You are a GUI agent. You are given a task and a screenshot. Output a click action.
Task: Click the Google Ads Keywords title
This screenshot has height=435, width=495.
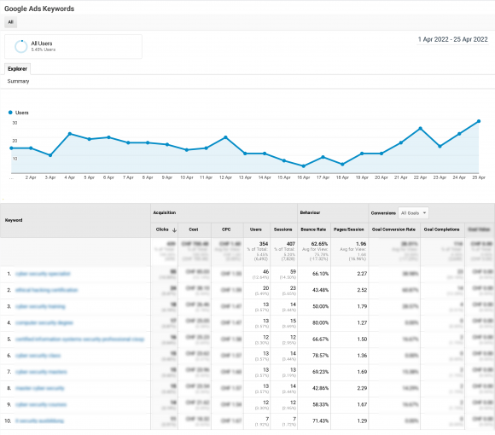[39, 8]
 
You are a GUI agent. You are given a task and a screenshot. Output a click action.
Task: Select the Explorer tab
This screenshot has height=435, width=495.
[17, 68]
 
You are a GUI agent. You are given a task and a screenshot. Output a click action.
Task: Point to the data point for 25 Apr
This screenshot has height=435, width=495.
[479, 121]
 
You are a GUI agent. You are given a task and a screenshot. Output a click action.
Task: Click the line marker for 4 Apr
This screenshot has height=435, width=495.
[69, 134]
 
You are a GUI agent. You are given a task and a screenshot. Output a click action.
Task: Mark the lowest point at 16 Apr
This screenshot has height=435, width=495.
[303, 165]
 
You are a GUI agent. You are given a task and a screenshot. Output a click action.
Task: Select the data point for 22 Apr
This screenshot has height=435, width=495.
[420, 128]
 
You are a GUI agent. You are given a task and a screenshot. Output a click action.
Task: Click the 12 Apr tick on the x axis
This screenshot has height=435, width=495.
[225, 177]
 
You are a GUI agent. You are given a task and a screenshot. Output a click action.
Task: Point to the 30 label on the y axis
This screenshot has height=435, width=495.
[14, 123]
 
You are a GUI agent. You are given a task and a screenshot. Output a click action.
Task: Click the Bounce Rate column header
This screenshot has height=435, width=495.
[312, 229]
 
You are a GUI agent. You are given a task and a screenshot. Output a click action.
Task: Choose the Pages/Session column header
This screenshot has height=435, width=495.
[350, 229]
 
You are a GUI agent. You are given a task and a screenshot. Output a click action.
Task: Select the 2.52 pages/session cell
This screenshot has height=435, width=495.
[360, 290]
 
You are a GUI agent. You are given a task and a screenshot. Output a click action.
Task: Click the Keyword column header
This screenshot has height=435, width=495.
[15, 220]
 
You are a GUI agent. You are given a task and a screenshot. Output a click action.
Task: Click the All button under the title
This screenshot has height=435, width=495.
[11, 22]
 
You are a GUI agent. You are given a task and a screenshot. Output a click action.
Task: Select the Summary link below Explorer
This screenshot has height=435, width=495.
[18, 81]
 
